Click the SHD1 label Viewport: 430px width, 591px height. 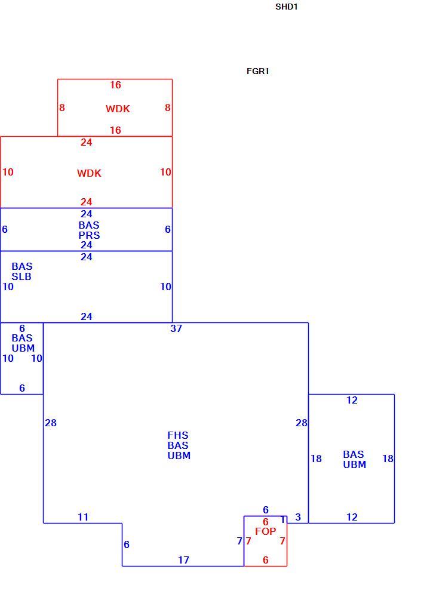[286, 7]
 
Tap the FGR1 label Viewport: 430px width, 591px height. [257, 71]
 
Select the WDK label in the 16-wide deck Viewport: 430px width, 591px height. [118, 109]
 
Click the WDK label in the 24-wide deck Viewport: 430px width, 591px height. [89, 173]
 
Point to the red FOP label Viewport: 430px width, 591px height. [266, 531]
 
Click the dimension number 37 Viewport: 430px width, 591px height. [176, 329]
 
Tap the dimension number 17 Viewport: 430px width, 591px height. [184, 560]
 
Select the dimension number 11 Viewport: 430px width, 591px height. [83, 517]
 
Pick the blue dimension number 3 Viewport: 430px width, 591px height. [298, 517]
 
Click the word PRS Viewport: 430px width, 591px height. [89, 235]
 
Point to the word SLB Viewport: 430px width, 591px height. [21, 276]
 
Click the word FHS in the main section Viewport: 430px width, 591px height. [177, 435]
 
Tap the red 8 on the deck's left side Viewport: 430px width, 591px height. [62, 108]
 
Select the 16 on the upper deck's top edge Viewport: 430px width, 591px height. [115, 85]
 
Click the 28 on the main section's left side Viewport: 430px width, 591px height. [51, 423]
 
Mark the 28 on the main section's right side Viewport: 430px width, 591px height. [302, 423]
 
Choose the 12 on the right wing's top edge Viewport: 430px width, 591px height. [352, 401]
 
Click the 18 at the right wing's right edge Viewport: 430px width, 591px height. [388, 458]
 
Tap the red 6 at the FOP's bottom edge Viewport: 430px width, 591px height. [266, 560]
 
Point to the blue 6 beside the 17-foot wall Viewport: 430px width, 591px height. [127, 544]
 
